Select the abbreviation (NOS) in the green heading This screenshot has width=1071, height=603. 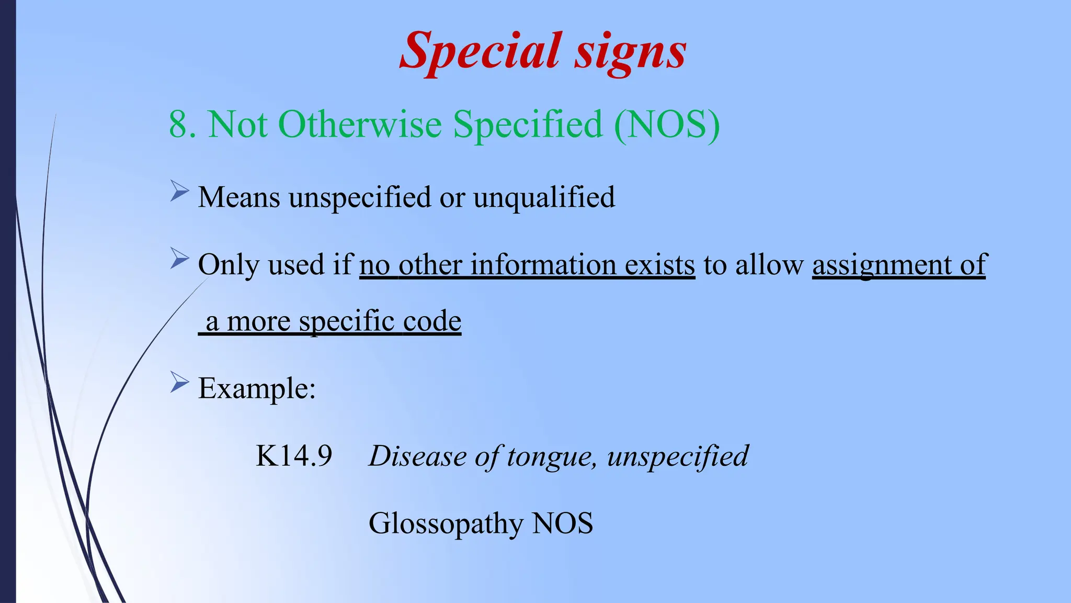(667, 125)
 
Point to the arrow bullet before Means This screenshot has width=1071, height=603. (179, 192)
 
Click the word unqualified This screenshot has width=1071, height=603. (544, 198)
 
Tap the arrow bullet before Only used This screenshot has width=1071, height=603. (179, 259)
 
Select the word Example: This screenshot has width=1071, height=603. (257, 388)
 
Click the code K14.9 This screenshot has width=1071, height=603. (293, 455)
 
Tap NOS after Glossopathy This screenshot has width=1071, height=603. (562, 523)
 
